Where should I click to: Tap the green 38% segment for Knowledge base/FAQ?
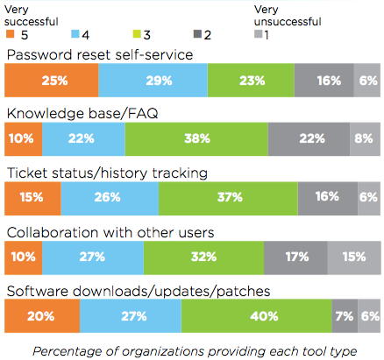pyautogui.click(x=196, y=138)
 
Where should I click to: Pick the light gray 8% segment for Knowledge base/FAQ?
pyautogui.click(x=366, y=138)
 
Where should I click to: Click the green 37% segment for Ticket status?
pyautogui.click(x=228, y=197)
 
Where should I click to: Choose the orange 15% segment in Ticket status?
pyautogui.click(x=32, y=197)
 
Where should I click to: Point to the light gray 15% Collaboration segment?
pyautogui.click(x=352, y=258)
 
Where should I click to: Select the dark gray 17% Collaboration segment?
pyautogui.click(x=295, y=258)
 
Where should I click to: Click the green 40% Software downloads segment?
pyautogui.click(x=256, y=315)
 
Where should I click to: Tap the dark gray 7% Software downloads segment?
pyautogui.click(x=344, y=315)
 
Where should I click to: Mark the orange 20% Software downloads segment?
pyautogui.click(x=42, y=315)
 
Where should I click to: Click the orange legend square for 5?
pyautogui.click(x=11, y=34)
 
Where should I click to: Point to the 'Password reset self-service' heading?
pyautogui.click(x=100, y=55)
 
